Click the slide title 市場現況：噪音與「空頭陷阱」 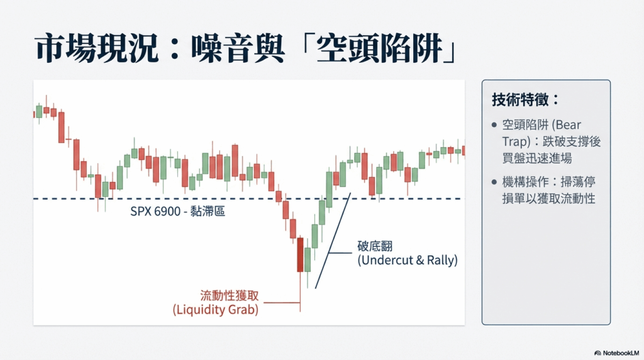pos(246,48)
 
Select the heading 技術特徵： pos(525,99)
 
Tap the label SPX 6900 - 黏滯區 pos(177,211)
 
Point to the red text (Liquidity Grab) pos(216,310)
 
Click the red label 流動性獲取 pos(229,295)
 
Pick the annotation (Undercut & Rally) pos(408,260)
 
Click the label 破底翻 pos(375,246)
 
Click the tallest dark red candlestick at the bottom pos(300,255)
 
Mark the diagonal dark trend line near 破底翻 pos(333,240)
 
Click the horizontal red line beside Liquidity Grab pos(282,303)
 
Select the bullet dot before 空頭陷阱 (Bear pos(494,125)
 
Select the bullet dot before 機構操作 pos(494,182)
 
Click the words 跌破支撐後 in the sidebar pos(571,142)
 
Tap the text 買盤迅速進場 pos(537,158)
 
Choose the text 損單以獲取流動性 pos(548,198)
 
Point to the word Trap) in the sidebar pos(516,142)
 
